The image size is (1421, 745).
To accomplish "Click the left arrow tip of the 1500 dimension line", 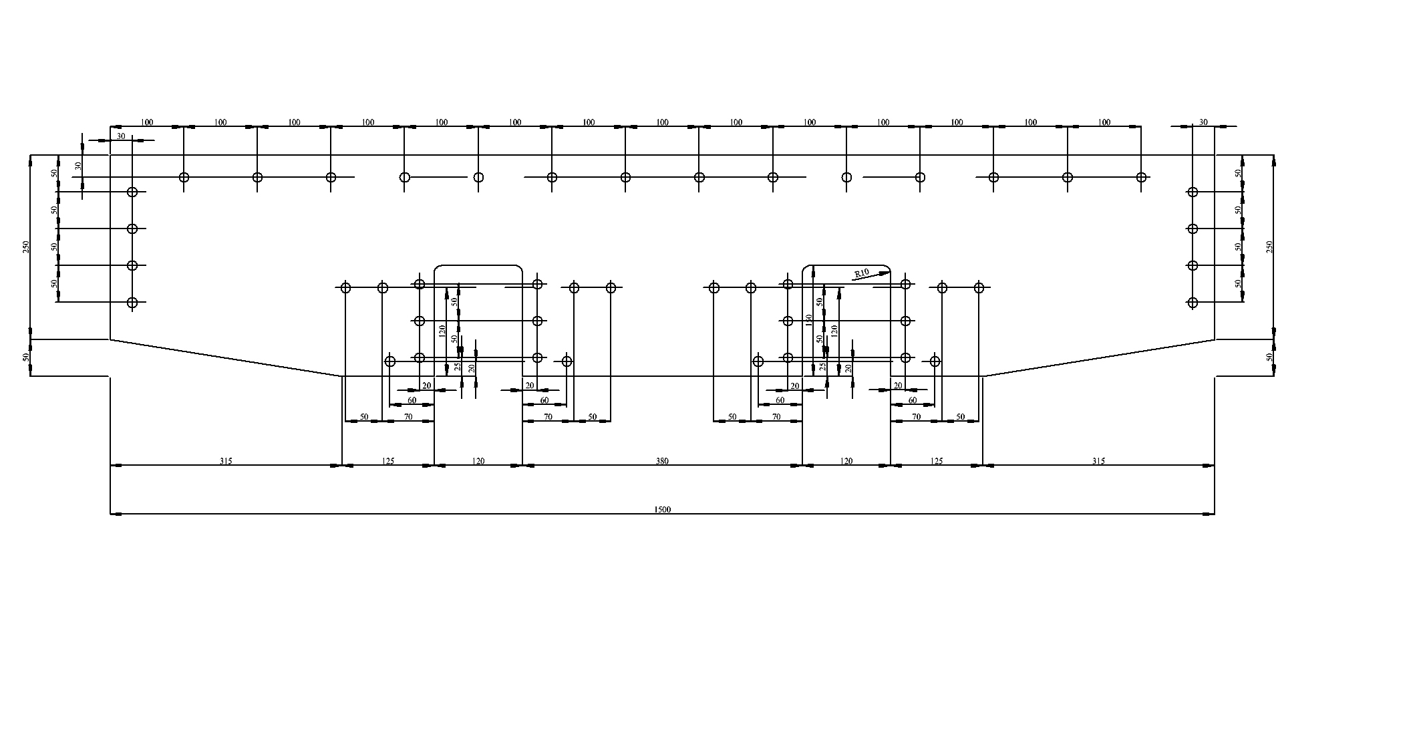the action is click(x=111, y=514).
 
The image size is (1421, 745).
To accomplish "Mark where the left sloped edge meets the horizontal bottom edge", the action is click(x=342, y=376).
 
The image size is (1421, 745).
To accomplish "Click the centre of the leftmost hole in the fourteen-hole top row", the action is click(x=184, y=177).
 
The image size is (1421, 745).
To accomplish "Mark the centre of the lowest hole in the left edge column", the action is click(x=132, y=303).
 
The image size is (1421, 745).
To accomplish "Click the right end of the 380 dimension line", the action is click(x=802, y=465).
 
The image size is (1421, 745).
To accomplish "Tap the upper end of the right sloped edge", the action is click(x=1215, y=339).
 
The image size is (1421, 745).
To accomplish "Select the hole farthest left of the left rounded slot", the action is click(x=345, y=288).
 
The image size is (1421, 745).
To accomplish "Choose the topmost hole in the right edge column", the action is click(x=1193, y=192).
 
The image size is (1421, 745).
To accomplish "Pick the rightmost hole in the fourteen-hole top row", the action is click(x=1142, y=177).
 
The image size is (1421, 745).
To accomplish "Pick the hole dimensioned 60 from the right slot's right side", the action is click(x=935, y=361).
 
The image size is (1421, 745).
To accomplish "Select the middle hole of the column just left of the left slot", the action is click(x=420, y=321).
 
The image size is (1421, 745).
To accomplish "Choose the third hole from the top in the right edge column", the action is click(x=1193, y=266).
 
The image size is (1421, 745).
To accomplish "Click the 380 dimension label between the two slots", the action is click(x=662, y=461).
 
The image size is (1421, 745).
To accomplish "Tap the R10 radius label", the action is click(x=862, y=273).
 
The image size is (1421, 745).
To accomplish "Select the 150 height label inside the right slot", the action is click(x=809, y=321).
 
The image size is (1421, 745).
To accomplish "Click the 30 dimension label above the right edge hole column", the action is click(x=1203, y=122).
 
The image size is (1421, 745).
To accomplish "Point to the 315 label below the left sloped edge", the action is click(x=226, y=461).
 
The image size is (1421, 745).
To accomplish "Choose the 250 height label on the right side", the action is click(x=1270, y=247).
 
